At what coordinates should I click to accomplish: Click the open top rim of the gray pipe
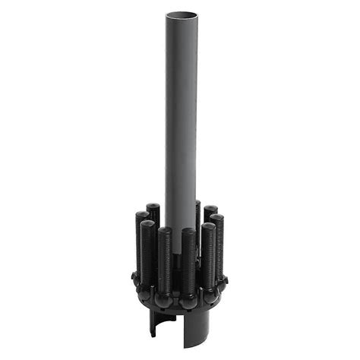click(182, 15)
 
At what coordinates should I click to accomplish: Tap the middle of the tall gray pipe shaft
click(182, 114)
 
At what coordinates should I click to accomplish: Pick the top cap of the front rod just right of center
click(188, 232)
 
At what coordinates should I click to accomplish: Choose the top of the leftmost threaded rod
click(141, 216)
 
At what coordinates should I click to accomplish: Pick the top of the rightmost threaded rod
click(217, 219)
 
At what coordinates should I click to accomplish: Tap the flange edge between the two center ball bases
click(176, 306)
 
